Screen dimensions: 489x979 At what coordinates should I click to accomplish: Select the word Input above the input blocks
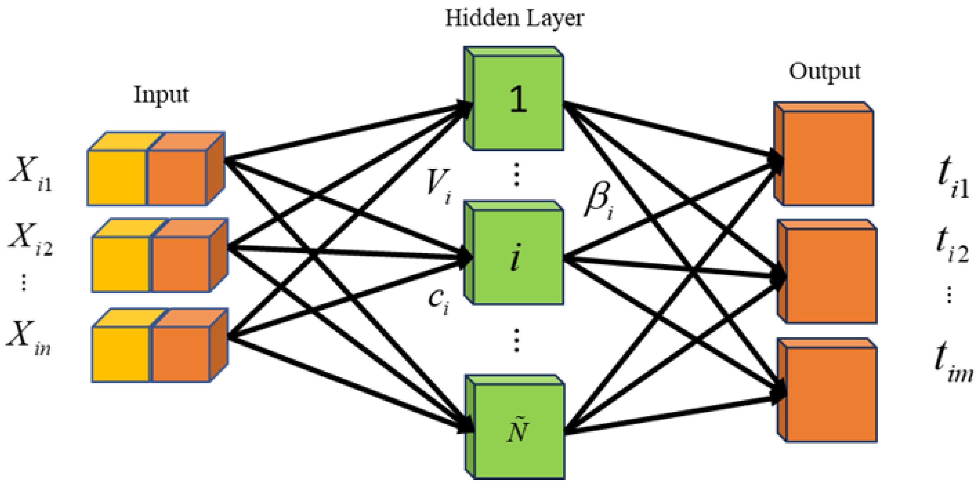point(161,95)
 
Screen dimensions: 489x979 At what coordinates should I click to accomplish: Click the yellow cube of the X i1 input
point(116,178)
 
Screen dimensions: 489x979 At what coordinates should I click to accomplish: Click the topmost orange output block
point(828,158)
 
